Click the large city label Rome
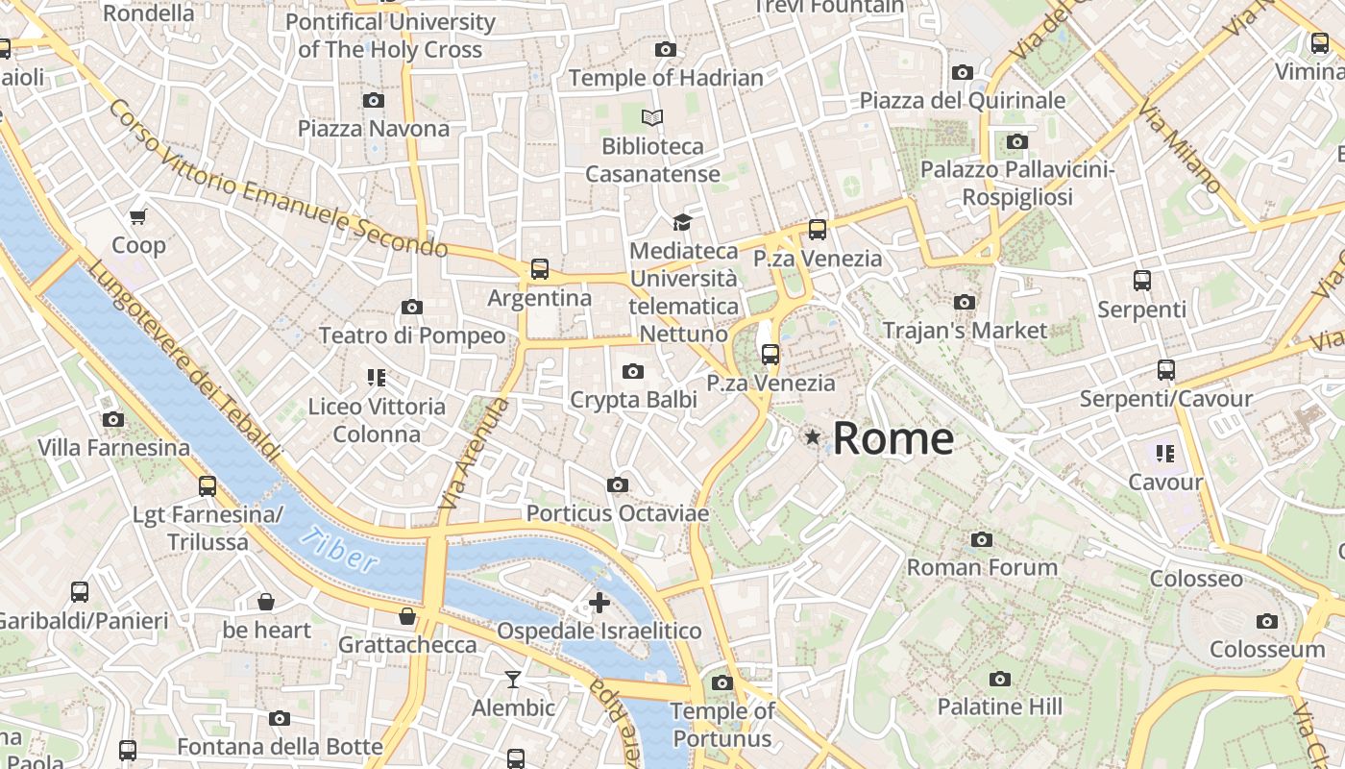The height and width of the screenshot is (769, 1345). click(x=893, y=438)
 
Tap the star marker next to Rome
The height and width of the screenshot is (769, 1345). click(x=813, y=437)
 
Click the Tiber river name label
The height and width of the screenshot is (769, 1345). click(x=338, y=551)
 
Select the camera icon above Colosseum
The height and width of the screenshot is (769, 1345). click(x=1267, y=621)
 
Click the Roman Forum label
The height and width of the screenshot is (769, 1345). click(x=982, y=567)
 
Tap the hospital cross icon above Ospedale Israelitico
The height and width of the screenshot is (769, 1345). click(x=599, y=603)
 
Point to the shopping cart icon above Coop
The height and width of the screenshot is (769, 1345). click(x=138, y=217)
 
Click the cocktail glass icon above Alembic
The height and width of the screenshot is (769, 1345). click(x=513, y=680)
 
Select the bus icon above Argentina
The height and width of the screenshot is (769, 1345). click(x=540, y=269)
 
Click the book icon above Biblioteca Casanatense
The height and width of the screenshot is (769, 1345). click(x=652, y=118)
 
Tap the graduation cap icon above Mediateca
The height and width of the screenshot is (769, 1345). click(x=682, y=223)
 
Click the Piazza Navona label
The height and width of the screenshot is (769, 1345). click(x=373, y=129)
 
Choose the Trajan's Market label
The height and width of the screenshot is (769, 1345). click(x=965, y=331)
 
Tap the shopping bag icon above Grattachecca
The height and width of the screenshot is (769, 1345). click(x=407, y=616)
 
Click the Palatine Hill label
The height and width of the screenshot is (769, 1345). click(x=999, y=707)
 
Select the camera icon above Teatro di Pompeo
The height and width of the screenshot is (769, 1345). click(x=412, y=307)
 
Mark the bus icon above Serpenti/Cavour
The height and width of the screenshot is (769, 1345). click(x=1166, y=370)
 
